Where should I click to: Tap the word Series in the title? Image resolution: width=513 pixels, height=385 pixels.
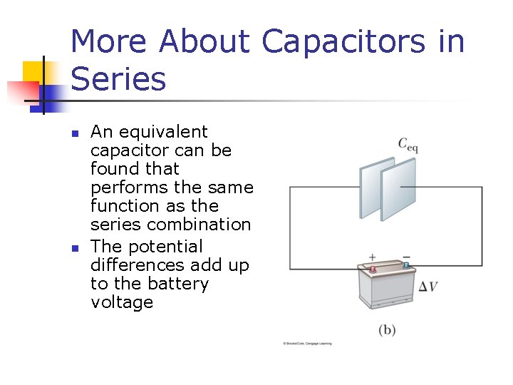point(118,78)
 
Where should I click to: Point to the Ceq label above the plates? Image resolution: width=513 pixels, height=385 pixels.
point(408,145)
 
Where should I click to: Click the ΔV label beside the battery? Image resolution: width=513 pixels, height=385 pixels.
point(428,287)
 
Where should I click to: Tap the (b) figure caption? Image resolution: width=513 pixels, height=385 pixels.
point(387,330)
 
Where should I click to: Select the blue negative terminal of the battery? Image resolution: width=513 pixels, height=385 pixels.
point(406,265)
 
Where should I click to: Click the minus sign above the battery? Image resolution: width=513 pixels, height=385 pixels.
point(406,256)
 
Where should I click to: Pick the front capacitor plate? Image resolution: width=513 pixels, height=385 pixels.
point(369,191)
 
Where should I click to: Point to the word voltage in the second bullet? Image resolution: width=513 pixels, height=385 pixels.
point(122,302)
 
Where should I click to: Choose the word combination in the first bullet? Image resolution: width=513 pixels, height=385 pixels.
point(206,224)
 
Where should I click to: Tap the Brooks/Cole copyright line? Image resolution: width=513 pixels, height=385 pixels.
point(308,344)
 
